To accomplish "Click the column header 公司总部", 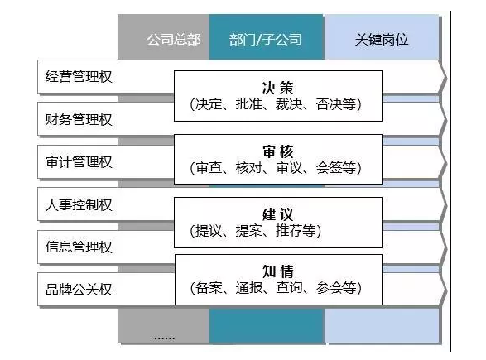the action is [174, 40].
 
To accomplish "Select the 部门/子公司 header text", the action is [266, 40].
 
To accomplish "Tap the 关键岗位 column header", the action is [382, 40].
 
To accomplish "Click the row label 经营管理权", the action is [79, 77].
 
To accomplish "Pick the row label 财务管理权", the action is [79, 120].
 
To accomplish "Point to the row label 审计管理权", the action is [79, 162].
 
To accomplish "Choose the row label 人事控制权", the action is [79, 204].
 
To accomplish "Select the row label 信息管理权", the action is [79, 247].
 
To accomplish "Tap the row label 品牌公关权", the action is [79, 290].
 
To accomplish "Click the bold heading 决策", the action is [277, 88].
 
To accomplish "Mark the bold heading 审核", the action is [277, 151].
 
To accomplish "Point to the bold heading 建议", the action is [277, 214].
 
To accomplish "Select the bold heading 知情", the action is [277, 271].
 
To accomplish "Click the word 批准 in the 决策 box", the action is [249, 104].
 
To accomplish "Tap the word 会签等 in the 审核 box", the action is [336, 168].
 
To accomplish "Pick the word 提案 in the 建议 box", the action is [249, 231].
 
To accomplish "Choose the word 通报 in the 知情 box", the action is [249, 288].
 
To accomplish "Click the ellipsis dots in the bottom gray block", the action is [165, 338].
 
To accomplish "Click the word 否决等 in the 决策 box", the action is [336, 104].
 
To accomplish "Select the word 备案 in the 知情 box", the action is [209, 288].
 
